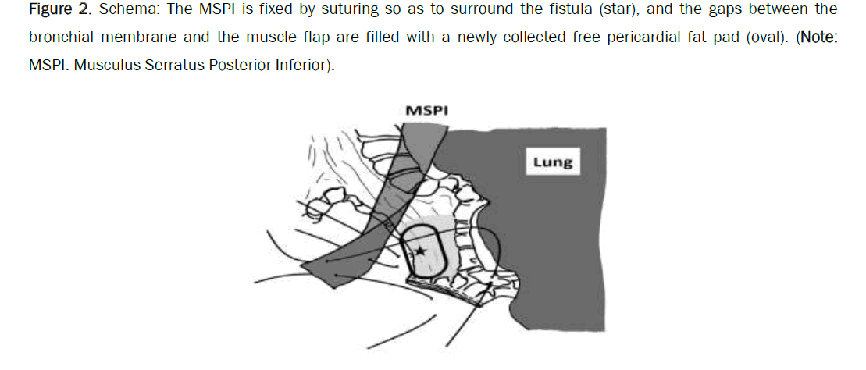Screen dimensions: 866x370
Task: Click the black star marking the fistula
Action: [420, 251]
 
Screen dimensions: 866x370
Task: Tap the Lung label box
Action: [553, 162]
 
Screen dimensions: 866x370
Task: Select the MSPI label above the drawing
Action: [427, 111]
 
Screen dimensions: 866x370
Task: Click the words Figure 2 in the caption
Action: [60, 10]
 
